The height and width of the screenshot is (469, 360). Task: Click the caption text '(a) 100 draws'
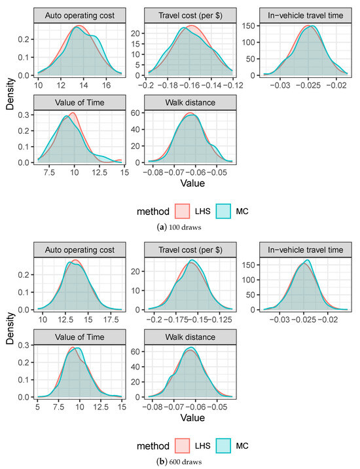click(180, 227)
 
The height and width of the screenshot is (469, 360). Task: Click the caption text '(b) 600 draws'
click(180, 461)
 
